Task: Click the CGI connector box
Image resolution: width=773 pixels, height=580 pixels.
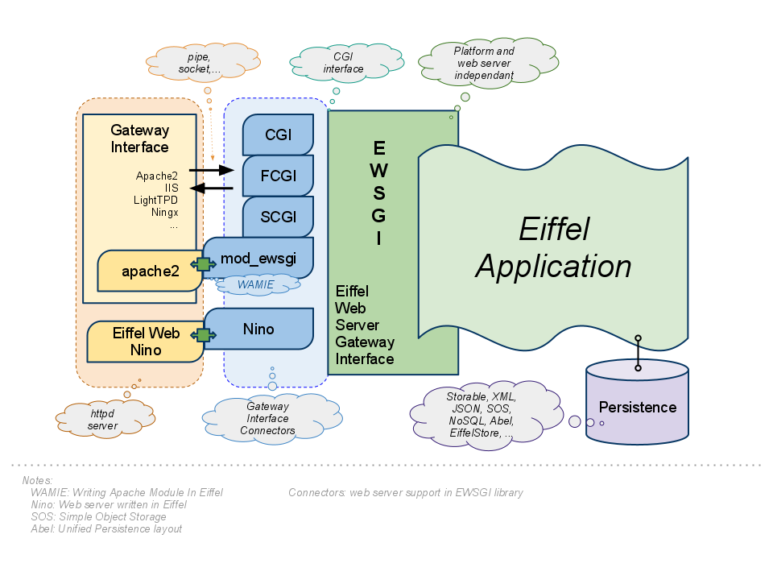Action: pos(278,135)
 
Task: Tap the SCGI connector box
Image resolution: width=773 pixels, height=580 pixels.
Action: pos(278,217)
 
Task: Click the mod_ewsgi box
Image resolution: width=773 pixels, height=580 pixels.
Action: pos(258,257)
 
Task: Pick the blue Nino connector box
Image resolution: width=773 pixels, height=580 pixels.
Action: pos(258,329)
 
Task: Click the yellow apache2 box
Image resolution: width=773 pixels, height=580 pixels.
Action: pos(150,271)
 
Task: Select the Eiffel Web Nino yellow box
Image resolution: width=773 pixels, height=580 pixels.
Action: pos(145,342)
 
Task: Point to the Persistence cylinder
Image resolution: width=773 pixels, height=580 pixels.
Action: pos(637,407)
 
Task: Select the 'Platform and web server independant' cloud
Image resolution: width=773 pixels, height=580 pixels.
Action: pos(484,63)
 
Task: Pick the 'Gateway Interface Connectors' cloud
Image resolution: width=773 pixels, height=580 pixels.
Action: pos(267,419)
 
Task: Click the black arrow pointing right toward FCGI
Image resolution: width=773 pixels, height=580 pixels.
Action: pos(210,170)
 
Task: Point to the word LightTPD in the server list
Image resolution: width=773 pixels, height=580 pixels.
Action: pos(156,200)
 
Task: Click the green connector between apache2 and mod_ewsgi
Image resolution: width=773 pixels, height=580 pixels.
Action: pos(203,264)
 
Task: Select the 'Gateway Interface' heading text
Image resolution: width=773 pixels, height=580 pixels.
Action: pos(140,139)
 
